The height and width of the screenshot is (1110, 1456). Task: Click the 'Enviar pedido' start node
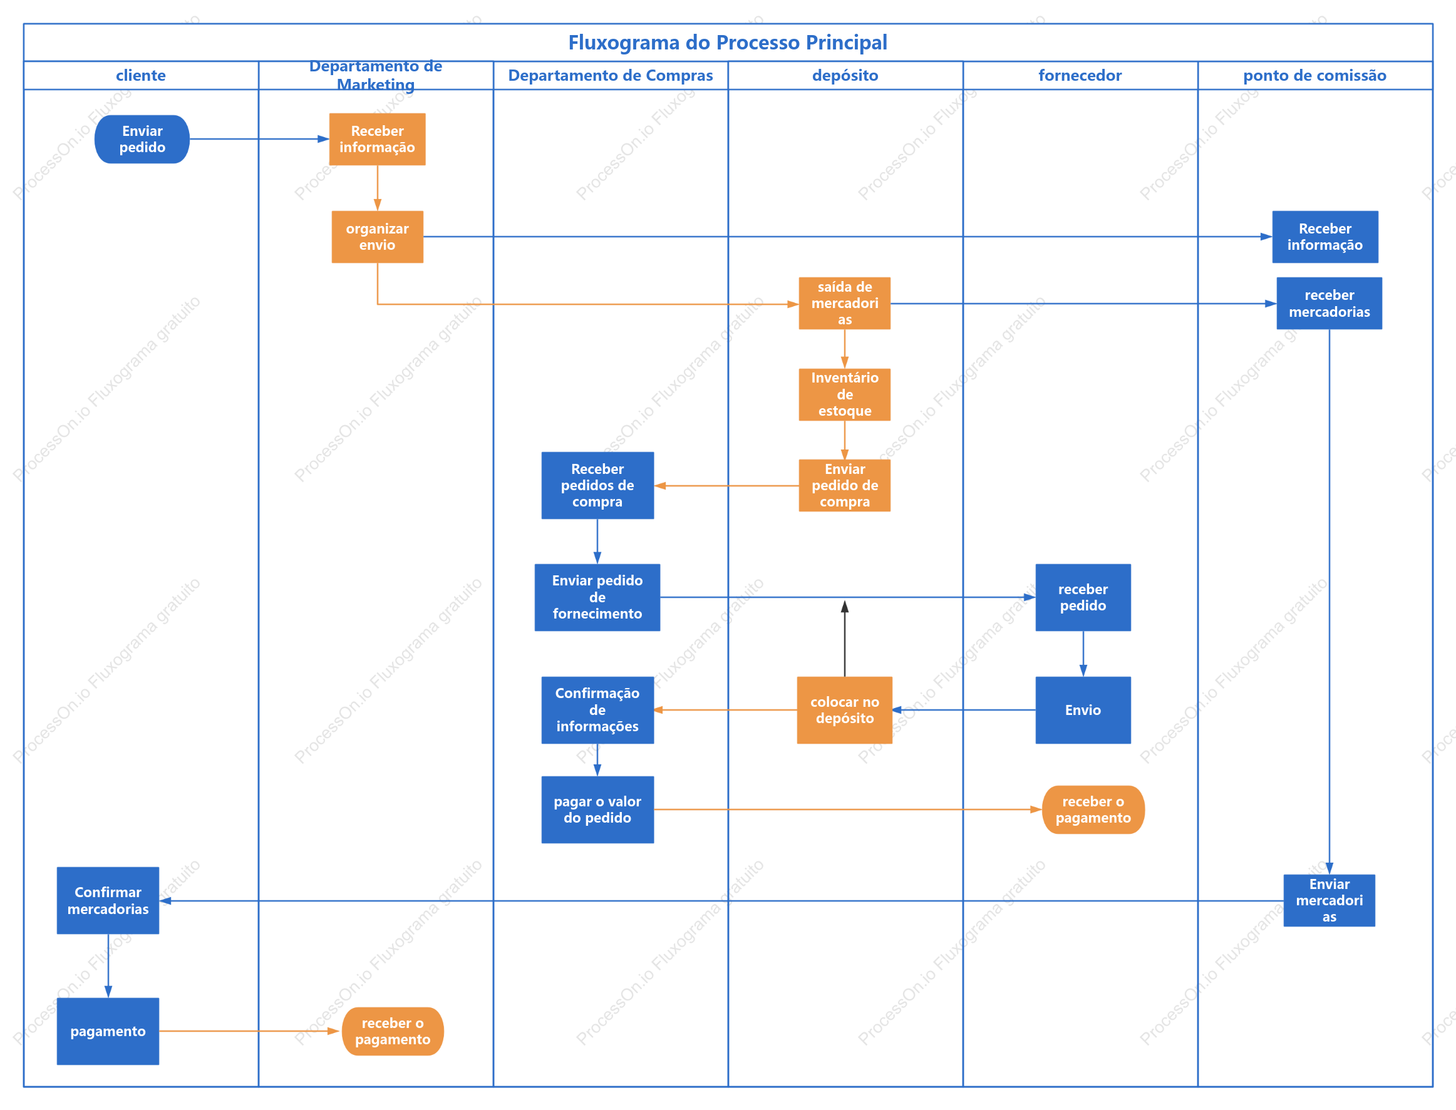pyautogui.click(x=142, y=140)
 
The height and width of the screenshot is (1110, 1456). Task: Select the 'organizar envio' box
pyautogui.click(x=378, y=237)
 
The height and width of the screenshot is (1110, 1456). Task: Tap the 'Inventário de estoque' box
pyautogui.click(x=845, y=394)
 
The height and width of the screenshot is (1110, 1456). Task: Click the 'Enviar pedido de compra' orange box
pyautogui.click(x=845, y=486)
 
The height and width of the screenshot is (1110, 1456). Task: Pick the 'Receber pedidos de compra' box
pyautogui.click(x=597, y=486)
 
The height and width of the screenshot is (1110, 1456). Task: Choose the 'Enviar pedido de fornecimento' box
pyautogui.click(x=597, y=597)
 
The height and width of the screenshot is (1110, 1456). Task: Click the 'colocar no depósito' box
pyautogui.click(x=845, y=711)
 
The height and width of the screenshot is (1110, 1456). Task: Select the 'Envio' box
pyautogui.click(x=1083, y=711)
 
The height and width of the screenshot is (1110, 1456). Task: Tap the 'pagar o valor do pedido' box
pyautogui.click(x=597, y=810)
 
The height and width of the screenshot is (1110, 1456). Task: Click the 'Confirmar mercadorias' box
pyautogui.click(x=108, y=900)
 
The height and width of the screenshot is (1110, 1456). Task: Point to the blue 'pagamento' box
pyautogui.click(x=108, y=1031)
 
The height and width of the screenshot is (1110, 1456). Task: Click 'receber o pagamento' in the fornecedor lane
pyautogui.click(x=1093, y=810)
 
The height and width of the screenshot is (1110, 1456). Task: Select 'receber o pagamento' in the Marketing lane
pyautogui.click(x=393, y=1031)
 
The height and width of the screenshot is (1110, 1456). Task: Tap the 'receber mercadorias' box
pyautogui.click(x=1330, y=303)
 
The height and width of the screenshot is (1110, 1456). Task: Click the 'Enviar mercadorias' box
pyautogui.click(x=1330, y=900)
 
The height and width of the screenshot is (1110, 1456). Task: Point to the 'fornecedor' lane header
pyautogui.click(x=1080, y=75)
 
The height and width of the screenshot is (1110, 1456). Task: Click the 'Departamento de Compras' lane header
pyautogui.click(x=611, y=75)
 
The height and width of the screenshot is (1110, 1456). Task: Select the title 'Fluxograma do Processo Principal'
pyautogui.click(x=728, y=43)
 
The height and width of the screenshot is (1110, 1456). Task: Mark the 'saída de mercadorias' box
pyautogui.click(x=845, y=303)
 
